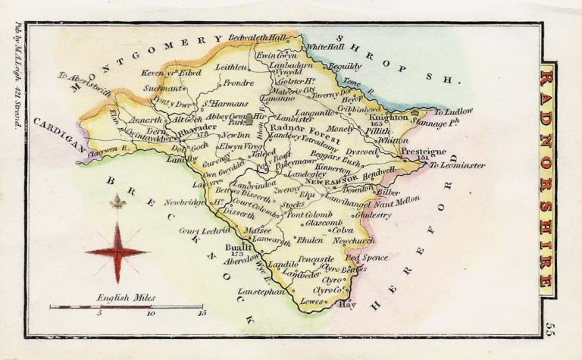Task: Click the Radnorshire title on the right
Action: coord(546,180)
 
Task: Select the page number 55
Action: coord(547,327)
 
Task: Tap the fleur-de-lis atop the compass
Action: coord(117,202)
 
